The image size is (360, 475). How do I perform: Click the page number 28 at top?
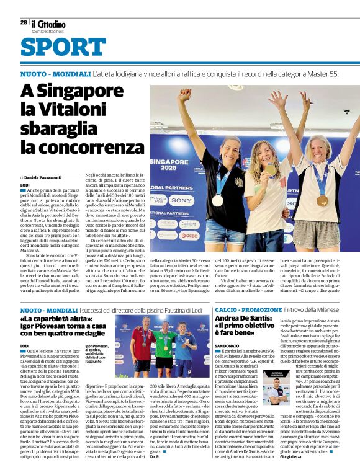point(23,22)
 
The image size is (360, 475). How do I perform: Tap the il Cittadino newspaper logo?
point(48,24)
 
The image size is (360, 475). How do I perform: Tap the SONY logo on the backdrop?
point(181,201)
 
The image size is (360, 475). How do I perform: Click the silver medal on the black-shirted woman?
point(217,200)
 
